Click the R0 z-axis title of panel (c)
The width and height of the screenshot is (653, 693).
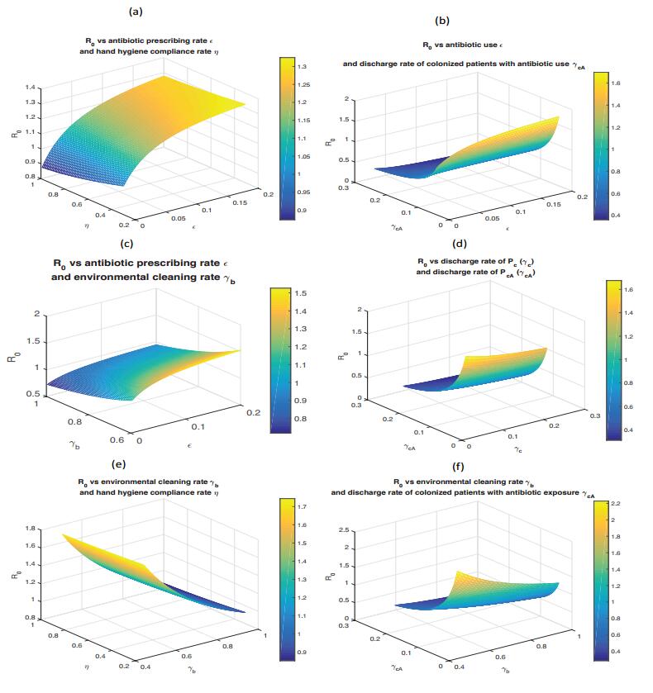(x=12, y=356)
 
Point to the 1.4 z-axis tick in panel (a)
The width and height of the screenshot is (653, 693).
(x=29, y=87)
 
